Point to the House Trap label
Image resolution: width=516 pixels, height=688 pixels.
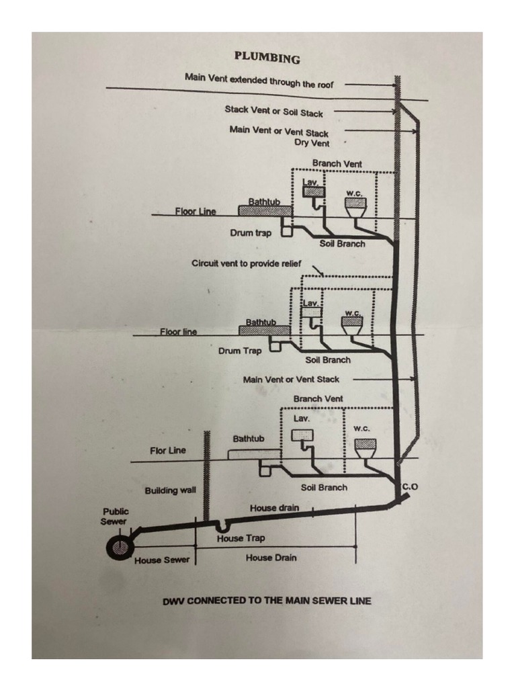click(241, 538)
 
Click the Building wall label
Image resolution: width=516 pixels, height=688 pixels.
click(170, 490)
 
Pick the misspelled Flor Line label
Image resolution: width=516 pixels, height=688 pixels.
click(168, 450)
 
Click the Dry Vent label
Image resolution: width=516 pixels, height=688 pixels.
click(312, 143)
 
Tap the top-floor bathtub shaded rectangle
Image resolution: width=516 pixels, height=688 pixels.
click(264, 210)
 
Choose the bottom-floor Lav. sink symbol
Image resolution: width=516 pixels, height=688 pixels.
click(302, 437)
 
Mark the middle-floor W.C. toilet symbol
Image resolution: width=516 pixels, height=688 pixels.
click(352, 325)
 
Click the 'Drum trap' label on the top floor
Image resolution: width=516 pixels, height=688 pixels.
click(251, 233)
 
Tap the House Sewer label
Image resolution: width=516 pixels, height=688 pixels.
click(162, 560)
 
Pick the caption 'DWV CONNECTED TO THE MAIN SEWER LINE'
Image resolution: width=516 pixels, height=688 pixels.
click(267, 601)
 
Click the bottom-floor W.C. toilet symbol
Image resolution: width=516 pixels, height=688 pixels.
click(365, 447)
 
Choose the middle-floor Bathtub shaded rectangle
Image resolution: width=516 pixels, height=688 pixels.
click(264, 330)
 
